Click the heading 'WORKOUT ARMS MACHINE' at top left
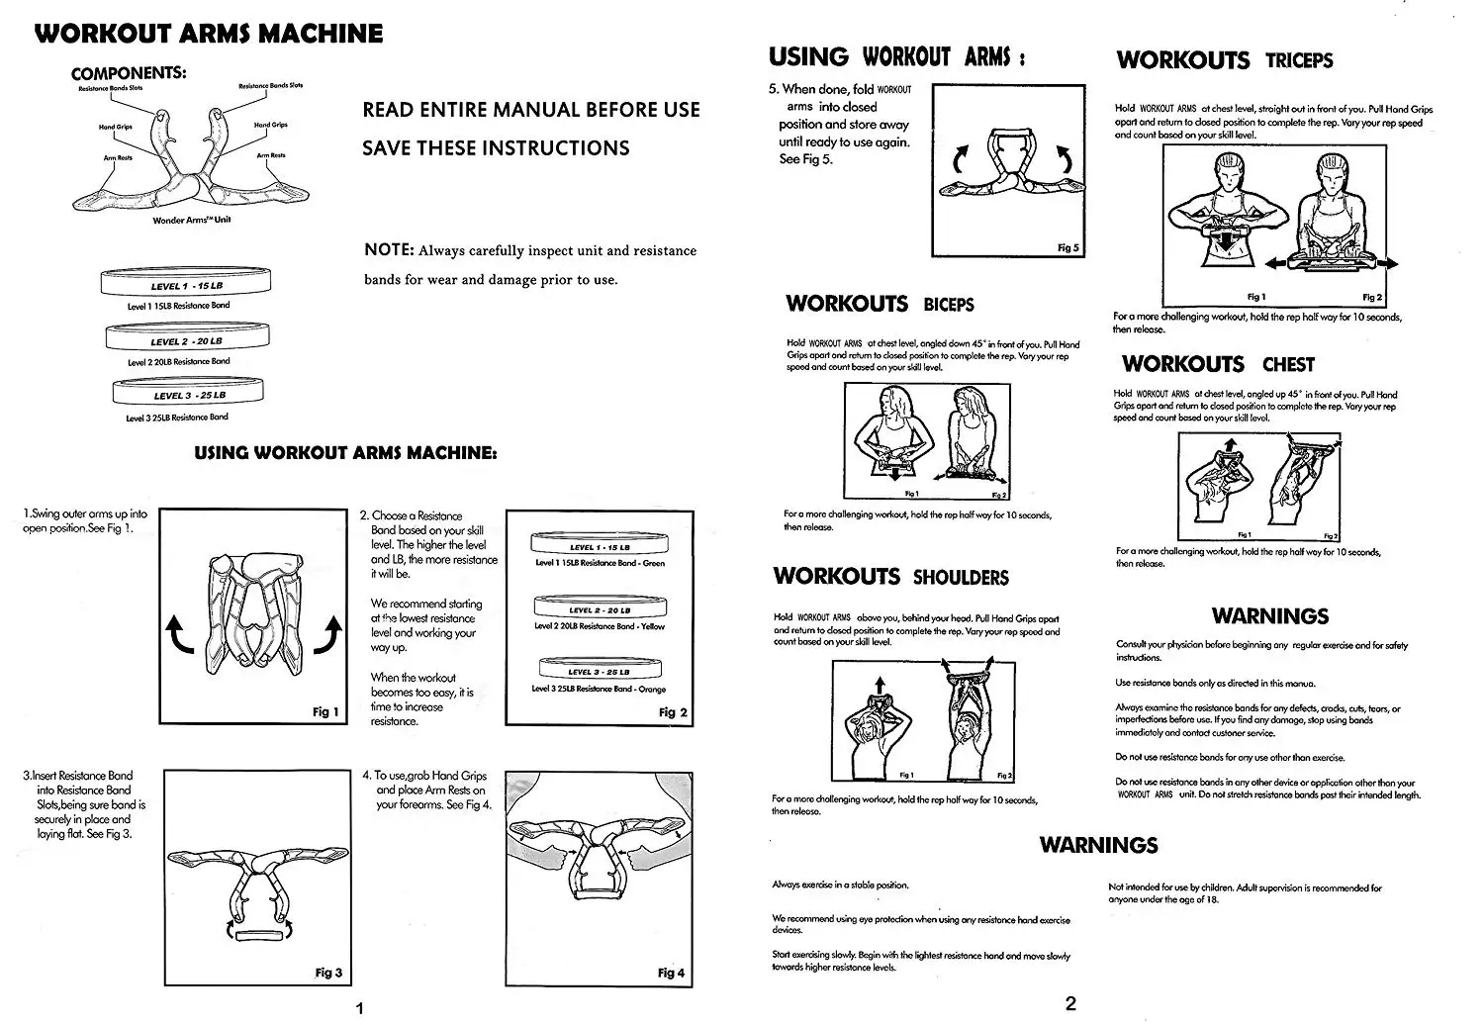(209, 34)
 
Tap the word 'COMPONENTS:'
(129, 73)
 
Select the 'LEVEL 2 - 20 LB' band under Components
(186, 340)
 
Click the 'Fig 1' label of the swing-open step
(325, 711)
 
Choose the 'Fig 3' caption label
(328, 973)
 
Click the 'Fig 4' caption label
(671, 973)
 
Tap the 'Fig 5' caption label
(1068, 247)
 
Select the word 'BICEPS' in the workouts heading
(949, 305)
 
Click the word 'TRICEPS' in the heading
(1299, 61)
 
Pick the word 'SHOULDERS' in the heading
(961, 578)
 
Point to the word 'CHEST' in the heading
(1288, 365)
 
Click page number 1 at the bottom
(360, 1008)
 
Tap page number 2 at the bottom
(1069, 1004)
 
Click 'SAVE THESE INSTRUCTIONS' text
(496, 148)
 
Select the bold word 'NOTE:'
(388, 249)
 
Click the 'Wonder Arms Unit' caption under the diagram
(192, 220)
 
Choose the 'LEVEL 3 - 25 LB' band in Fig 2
(599, 672)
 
